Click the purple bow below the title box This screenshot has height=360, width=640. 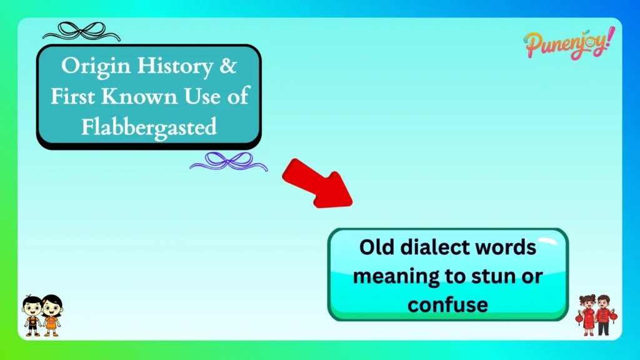coord(229,162)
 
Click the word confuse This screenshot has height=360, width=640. coord(447,304)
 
